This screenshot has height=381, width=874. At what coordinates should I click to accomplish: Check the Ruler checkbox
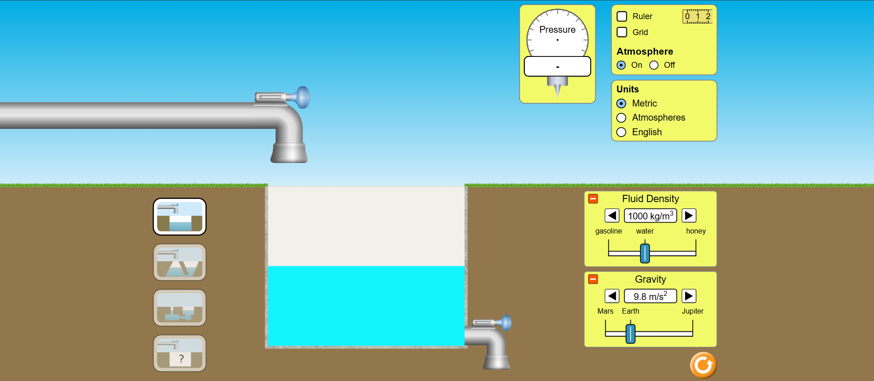coord(622,16)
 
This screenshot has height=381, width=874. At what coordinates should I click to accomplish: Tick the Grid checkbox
coord(622,32)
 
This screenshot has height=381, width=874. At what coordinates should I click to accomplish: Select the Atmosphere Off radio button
coord(654,65)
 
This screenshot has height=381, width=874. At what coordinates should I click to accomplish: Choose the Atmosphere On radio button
coord(621,65)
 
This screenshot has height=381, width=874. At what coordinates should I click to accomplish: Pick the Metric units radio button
coord(621,103)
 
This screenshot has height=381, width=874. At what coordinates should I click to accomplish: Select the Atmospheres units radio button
coord(621,118)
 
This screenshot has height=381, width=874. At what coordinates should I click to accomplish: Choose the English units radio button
coord(621,132)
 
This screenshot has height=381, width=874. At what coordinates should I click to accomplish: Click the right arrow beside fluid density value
coord(689,215)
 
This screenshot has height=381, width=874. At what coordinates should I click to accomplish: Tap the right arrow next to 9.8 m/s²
coord(689,296)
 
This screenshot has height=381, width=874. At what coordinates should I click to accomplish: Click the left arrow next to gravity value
coord(612,296)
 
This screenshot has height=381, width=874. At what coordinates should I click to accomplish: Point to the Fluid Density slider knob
coord(645,254)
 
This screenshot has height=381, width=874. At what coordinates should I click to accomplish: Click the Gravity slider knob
coord(630,334)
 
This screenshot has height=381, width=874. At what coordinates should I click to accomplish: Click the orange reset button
coord(703,365)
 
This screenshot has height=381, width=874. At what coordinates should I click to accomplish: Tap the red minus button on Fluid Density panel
coord(593,198)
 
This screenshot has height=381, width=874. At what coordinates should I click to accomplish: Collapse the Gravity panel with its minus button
coord(593,279)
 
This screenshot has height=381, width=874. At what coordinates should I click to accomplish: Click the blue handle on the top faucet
coord(301,97)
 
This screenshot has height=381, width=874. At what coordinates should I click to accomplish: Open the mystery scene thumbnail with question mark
coord(179,353)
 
